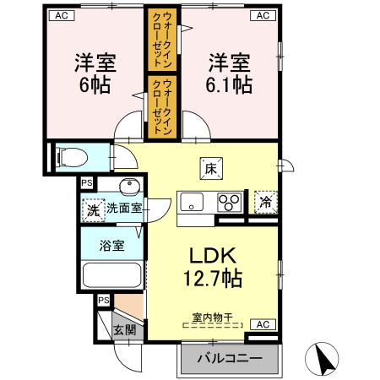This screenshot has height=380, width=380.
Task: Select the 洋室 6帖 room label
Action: pos(95,73)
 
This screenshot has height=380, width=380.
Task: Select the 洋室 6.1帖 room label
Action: pos(230,73)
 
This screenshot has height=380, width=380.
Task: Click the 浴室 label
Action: pos(111,247)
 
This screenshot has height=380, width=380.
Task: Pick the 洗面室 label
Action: pos(123,208)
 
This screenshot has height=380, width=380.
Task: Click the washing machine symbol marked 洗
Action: pos(91,209)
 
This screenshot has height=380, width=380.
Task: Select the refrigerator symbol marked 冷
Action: pos(265,203)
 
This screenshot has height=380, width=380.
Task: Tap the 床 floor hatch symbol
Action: pos(210,168)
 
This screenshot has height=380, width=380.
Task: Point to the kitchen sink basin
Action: pos(191,203)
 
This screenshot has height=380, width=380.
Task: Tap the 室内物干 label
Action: pos(210,318)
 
